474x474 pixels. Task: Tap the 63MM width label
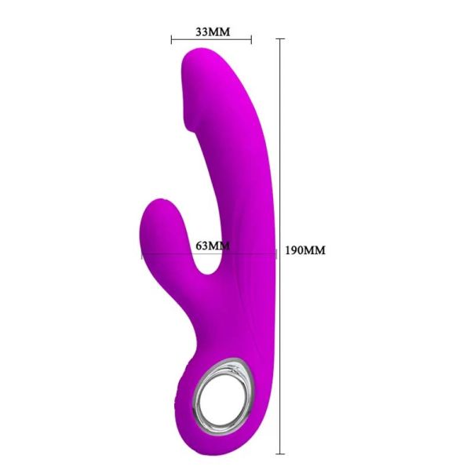point(212,246)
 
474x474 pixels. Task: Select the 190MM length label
point(304,250)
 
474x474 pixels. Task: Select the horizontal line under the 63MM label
point(209,254)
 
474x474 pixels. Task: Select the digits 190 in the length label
point(294,250)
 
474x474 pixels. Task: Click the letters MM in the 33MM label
point(221,32)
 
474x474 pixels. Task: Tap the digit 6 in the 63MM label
point(199,246)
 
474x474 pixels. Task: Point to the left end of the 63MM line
point(142,254)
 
